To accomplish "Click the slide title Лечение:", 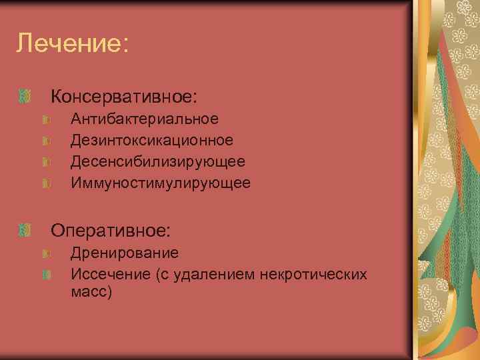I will point(71,44).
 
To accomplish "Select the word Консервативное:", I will point(125,97).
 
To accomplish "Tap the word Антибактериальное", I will point(145,119).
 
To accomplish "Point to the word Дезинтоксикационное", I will point(152,140).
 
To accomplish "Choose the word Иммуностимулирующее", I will point(161,183).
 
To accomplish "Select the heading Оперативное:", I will point(111,231).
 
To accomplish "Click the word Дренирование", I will point(125,253).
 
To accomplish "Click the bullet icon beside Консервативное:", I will point(26,97).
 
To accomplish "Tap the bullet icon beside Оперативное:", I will point(26,231).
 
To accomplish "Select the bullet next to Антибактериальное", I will point(46,120).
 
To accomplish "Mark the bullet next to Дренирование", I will point(46,254).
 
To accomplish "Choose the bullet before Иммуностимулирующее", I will point(46,183).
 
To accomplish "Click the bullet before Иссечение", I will point(46,275).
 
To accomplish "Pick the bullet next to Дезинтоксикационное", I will point(46,141).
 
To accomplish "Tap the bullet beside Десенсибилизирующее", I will point(46,162).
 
